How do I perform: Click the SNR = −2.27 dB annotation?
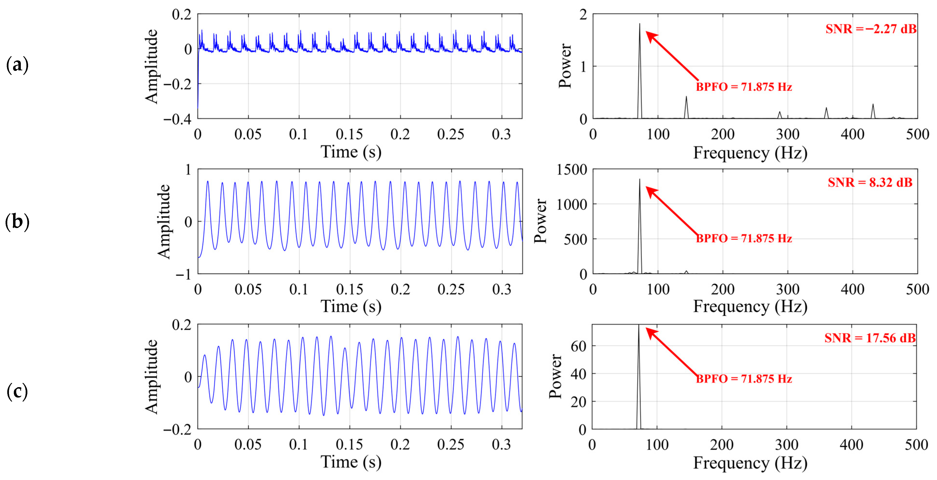coord(871,29)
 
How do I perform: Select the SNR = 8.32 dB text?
coord(870,182)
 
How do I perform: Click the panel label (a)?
coord(17,65)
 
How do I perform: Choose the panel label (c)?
coord(17,392)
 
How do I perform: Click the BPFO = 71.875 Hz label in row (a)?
coord(744,87)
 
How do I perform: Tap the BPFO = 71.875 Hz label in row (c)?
coord(744,379)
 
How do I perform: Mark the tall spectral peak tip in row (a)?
coord(639,24)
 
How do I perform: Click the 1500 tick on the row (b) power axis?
coord(572,170)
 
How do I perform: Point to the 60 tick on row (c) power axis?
coord(578,346)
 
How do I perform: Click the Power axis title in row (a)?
coord(565,66)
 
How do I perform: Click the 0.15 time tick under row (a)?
coord(349,134)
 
